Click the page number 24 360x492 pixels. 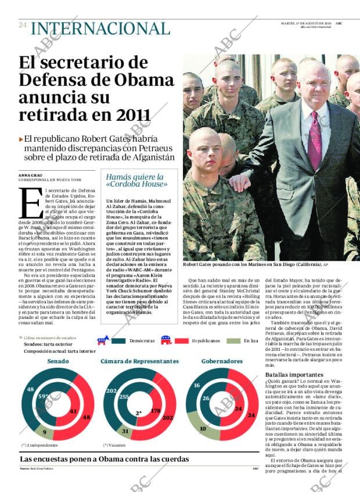23,25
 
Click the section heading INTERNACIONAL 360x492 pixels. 100,28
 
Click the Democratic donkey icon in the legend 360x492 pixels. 103,340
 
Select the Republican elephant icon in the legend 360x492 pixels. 165,340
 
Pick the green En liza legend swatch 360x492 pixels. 232,341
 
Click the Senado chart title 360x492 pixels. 58,361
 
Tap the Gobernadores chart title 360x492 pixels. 222,361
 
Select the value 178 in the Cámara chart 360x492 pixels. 155,411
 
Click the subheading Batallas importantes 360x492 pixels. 291,375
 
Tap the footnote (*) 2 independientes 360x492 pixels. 39,446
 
